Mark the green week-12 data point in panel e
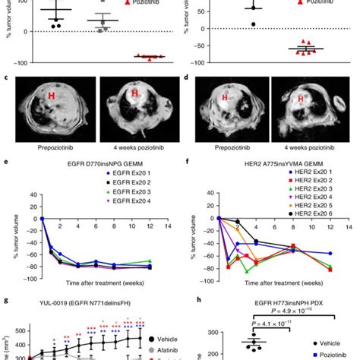coord(150,261)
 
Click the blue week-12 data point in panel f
coord(330,253)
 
